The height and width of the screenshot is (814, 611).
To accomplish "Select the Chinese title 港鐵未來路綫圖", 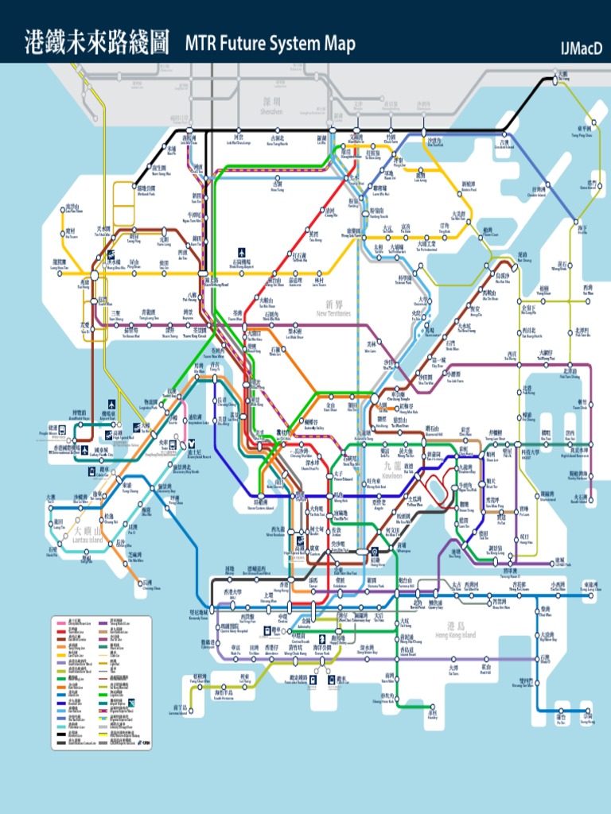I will [97, 42].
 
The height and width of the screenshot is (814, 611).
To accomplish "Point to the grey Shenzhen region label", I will [272, 107].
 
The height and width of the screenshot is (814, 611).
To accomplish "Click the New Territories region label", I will [333, 308].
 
